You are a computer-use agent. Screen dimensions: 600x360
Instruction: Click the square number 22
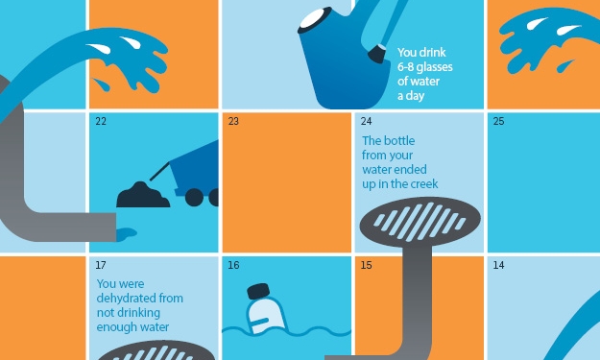[101, 121]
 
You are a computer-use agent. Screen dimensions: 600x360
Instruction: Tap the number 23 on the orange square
[233, 121]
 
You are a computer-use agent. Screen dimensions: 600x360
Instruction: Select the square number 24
[366, 121]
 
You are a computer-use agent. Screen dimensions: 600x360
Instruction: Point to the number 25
[498, 121]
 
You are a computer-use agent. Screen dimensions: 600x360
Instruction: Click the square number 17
[101, 265]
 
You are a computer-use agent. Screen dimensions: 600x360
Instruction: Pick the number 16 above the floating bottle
[233, 265]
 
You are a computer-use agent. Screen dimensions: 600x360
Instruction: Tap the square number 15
[366, 265]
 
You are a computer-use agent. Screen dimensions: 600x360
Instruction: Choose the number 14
[498, 265]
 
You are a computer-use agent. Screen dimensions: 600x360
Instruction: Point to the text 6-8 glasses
[424, 67]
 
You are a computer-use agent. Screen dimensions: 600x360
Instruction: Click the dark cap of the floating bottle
[258, 291]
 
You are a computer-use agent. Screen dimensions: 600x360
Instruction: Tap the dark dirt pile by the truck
[143, 195]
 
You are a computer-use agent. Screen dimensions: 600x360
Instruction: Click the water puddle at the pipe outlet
[127, 233]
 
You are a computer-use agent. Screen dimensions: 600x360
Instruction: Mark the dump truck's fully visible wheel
[194, 197]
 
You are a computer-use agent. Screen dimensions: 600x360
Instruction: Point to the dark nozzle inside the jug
[377, 54]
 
